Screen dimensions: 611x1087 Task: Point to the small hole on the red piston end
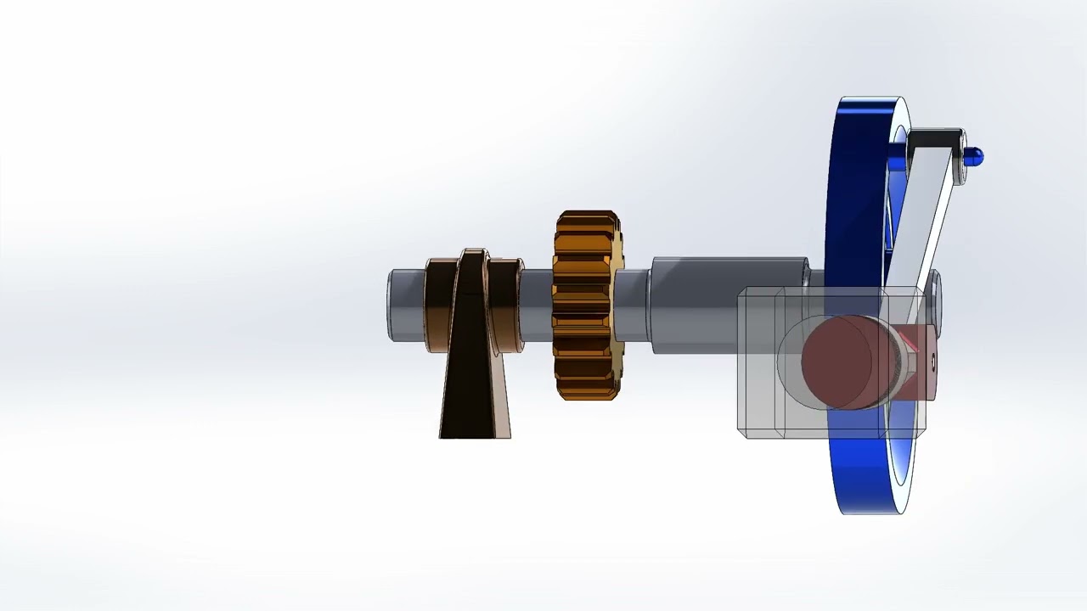(x=932, y=363)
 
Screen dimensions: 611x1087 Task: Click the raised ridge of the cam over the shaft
(x=473, y=272)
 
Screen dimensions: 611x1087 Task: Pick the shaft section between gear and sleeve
(x=633, y=304)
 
